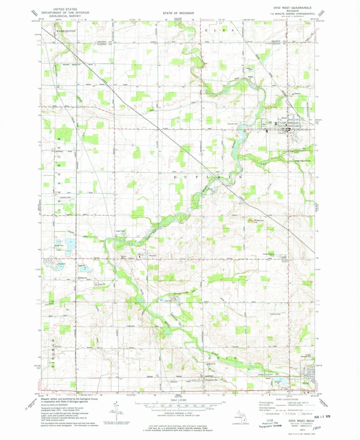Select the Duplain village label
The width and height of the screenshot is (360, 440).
tap(152, 255)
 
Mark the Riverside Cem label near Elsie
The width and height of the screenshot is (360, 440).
tap(232, 123)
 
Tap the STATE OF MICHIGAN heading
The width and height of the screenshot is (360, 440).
tap(178, 13)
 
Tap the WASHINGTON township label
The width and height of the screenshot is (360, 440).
tap(65, 31)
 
